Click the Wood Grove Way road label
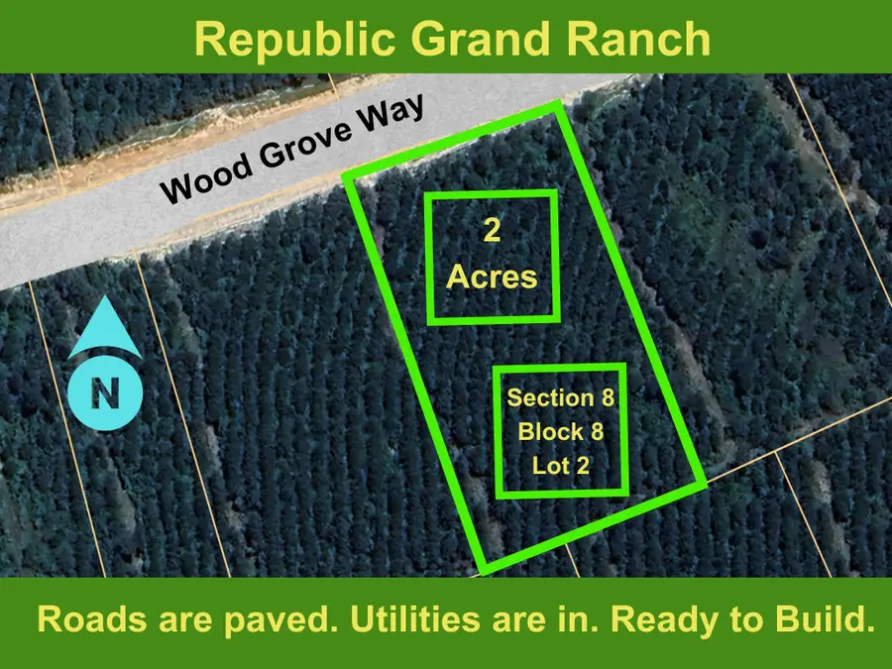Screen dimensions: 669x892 tap(292, 148)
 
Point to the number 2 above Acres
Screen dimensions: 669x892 tap(492, 230)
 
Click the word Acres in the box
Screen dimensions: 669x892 tap(492, 277)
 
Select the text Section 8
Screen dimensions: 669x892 tap(560, 398)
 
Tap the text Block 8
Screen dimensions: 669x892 tap(560, 432)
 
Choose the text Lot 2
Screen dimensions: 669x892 tap(560, 465)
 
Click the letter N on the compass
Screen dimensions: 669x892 tap(105, 393)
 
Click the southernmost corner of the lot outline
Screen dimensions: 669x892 tap(483, 571)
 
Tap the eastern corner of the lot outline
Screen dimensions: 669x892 tap(704, 485)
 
